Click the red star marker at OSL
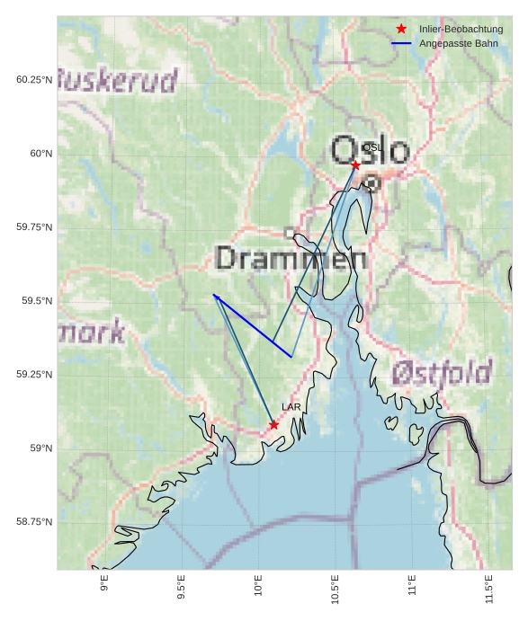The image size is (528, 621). click(355, 164)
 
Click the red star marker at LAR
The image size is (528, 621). click(273, 424)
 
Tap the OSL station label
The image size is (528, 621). click(372, 147)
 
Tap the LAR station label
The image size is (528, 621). click(291, 407)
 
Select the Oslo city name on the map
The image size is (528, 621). click(370, 151)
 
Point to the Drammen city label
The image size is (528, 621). click(291, 259)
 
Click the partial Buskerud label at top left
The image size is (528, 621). click(118, 81)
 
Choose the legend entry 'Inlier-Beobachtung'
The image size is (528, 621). click(461, 29)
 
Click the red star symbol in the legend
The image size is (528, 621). click(401, 29)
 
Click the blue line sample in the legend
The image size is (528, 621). click(401, 43)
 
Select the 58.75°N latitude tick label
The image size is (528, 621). click(34, 522)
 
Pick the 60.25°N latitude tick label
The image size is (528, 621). click(34, 80)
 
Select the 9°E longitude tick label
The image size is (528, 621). click(104, 584)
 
